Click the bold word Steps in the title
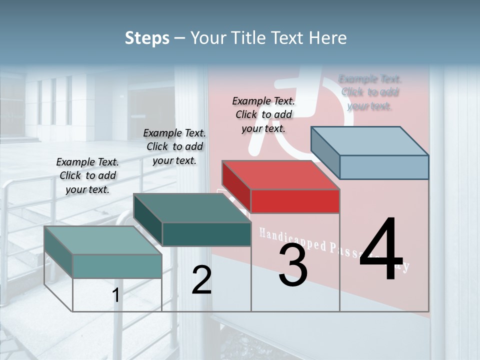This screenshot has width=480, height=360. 147,38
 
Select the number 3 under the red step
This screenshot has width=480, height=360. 293,265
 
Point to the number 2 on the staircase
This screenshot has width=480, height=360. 201,280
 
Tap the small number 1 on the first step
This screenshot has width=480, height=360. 115,295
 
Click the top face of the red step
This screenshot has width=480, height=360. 280,175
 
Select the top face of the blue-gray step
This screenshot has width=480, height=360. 369,141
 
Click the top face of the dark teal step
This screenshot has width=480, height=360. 192,208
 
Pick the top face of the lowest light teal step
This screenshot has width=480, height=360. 102,240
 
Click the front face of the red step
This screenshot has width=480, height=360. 295,201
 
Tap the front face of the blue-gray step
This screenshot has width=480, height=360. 384,167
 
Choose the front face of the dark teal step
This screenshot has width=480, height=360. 206,234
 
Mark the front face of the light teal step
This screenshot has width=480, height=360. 117,266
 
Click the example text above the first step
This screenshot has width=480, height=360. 87,175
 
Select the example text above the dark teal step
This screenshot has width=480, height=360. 174,146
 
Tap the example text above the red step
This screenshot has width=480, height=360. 263,114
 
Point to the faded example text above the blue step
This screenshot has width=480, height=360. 370,92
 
